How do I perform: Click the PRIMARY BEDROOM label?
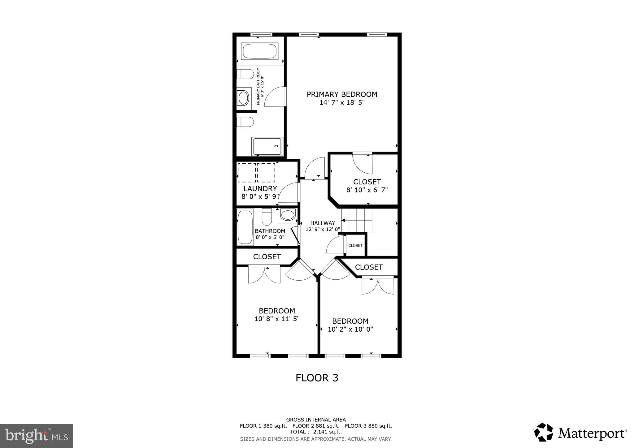pyautogui.click(x=342, y=94)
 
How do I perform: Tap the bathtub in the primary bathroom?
pyautogui.click(x=260, y=51)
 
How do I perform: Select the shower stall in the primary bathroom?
pyautogui.click(x=267, y=146)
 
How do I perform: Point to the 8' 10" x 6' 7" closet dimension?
pyautogui.click(x=367, y=190)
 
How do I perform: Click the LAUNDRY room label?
pyautogui.click(x=260, y=189)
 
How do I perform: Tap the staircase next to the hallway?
pyautogui.click(x=357, y=220)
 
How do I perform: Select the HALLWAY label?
pyautogui.click(x=323, y=223)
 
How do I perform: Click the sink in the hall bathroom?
pyautogui.click(x=288, y=215)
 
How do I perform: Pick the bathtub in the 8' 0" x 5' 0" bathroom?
pyautogui.click(x=245, y=227)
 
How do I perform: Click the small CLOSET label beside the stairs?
pyautogui.click(x=355, y=245)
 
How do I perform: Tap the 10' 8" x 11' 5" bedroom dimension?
pyautogui.click(x=277, y=319)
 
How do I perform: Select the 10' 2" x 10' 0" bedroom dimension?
pyautogui.click(x=350, y=330)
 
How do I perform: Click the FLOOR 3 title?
pyautogui.click(x=317, y=378)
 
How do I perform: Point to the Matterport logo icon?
pyautogui.click(x=543, y=432)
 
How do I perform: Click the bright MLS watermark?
pyautogui.click(x=36, y=436)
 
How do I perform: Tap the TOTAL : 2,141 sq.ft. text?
pyautogui.click(x=316, y=432)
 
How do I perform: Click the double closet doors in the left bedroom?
pyautogui.click(x=264, y=274)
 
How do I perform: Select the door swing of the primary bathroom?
pyautogui.click(x=274, y=97)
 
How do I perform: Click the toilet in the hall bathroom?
pyautogui.click(x=267, y=217)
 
